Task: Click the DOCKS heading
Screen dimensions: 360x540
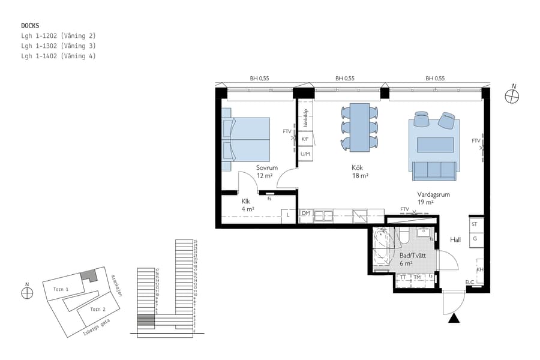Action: [30, 26]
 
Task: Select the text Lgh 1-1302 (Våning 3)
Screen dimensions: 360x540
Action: [58, 46]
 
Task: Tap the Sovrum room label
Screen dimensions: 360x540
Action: [265, 167]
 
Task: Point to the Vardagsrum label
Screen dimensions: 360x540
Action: [433, 194]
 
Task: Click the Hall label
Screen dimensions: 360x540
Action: [455, 240]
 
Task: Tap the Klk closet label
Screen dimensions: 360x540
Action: [246, 202]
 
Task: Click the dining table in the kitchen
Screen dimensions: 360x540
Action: [359, 128]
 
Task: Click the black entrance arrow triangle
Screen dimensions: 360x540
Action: [454, 319]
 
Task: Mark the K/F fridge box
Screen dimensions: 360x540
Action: [305, 139]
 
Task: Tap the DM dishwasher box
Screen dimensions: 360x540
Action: [305, 214]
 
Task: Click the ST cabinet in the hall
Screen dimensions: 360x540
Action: [475, 224]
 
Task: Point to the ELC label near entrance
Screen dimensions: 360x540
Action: [469, 282]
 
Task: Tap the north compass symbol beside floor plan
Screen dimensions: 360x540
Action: [512, 96]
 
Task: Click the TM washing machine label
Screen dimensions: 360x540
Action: [416, 277]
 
